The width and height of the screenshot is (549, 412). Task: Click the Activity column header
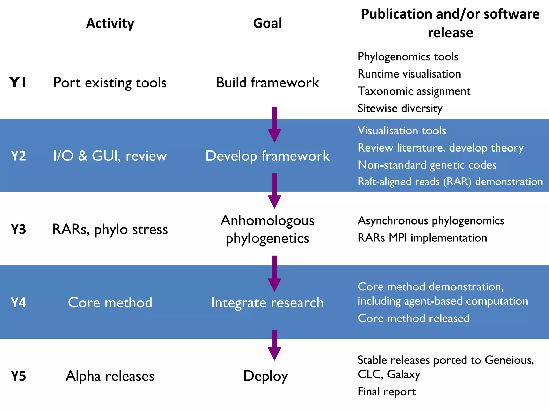click(x=110, y=23)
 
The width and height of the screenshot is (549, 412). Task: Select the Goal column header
click(x=267, y=23)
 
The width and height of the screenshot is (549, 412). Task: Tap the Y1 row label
click(x=18, y=82)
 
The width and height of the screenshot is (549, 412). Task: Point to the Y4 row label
click(x=18, y=303)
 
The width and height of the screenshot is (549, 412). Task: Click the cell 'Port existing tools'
click(x=110, y=83)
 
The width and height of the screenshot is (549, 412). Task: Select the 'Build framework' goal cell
click(x=267, y=83)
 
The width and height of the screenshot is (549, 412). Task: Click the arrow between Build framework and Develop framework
click(x=274, y=125)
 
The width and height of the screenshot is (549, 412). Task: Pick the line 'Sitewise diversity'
click(x=400, y=108)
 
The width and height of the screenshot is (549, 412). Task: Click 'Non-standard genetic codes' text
click(x=427, y=165)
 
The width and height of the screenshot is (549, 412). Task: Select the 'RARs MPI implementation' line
click(x=422, y=238)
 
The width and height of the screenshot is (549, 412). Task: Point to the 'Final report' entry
click(x=387, y=392)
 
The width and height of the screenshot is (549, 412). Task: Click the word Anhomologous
click(x=267, y=220)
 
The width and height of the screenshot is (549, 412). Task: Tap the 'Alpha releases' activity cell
click(x=110, y=376)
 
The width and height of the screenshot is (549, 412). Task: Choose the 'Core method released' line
click(x=414, y=318)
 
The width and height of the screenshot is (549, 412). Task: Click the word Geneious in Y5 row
click(x=509, y=360)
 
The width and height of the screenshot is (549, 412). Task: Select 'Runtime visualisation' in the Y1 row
click(x=409, y=74)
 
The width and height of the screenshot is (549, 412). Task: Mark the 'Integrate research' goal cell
click(x=267, y=303)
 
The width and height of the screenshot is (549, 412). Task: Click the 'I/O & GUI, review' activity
click(x=110, y=156)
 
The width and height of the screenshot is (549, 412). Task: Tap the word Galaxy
click(x=403, y=374)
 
